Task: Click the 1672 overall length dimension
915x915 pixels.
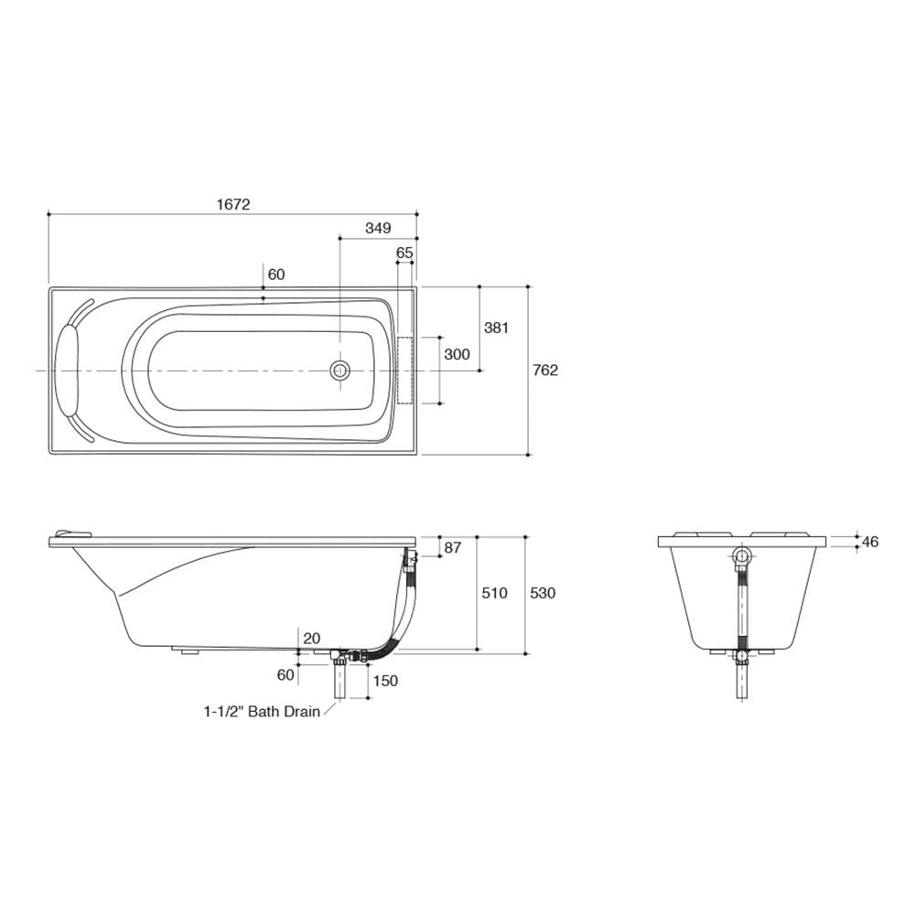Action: point(233,204)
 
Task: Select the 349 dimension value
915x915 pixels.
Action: point(378,228)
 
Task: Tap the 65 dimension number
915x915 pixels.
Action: point(404,253)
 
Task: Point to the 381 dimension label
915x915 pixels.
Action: point(497,328)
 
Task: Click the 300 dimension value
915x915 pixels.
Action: point(457,354)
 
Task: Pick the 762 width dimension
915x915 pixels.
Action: point(545,370)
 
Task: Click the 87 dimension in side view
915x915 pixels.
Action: point(453,547)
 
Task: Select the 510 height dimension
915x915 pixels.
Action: point(494,593)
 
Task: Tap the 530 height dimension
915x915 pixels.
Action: point(543,593)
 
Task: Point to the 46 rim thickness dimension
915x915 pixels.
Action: point(870,542)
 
